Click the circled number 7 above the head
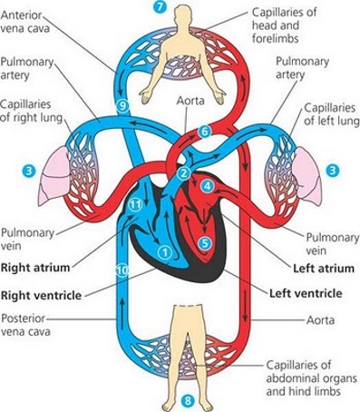[x=161, y=8]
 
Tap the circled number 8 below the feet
[x=188, y=400]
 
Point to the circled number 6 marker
[x=204, y=132]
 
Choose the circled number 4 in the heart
[x=207, y=187]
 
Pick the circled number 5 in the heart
[x=205, y=243]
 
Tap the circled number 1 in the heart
[x=165, y=251]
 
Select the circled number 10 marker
[x=123, y=270]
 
